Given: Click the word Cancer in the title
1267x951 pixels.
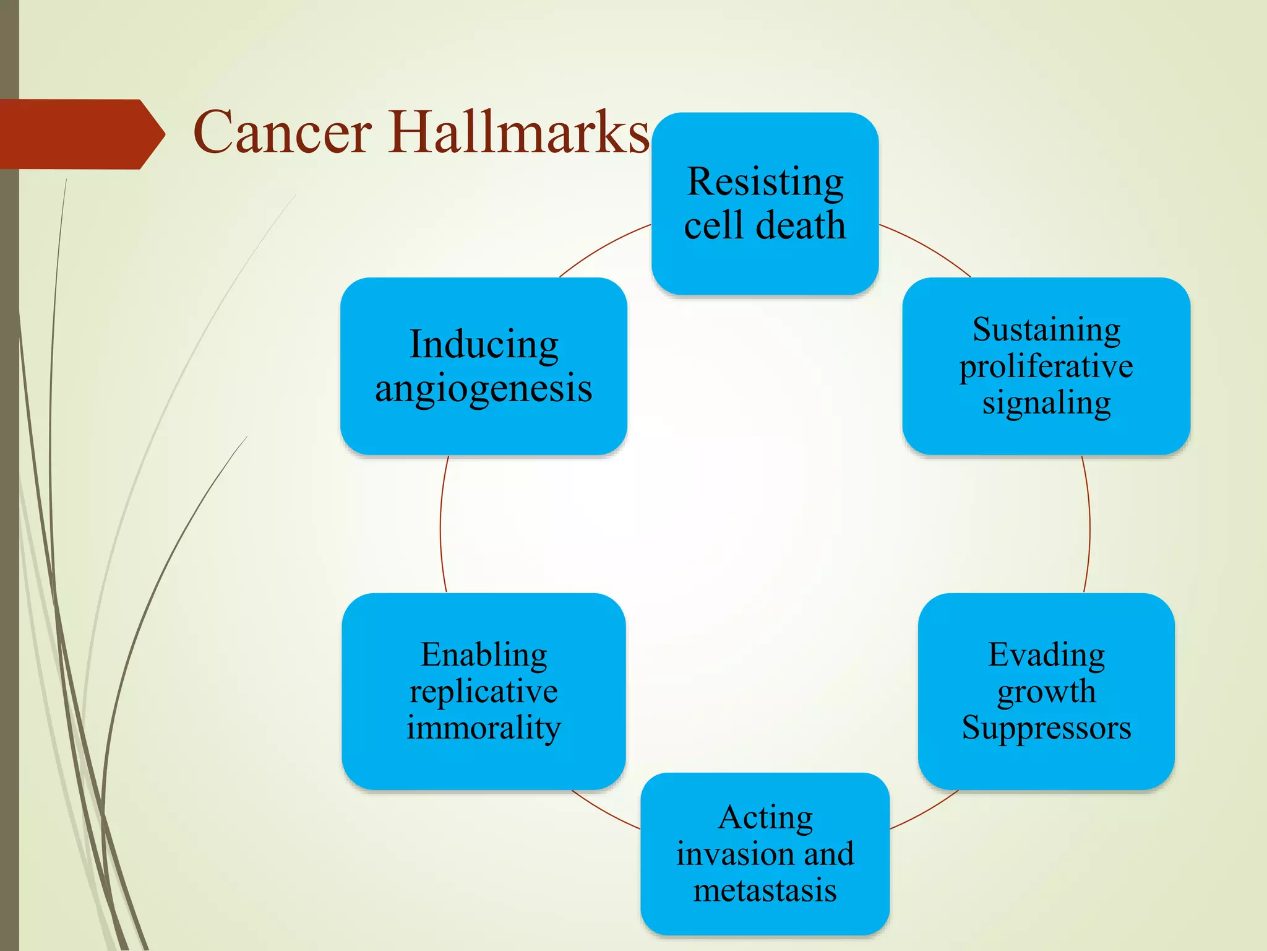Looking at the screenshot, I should coord(282,132).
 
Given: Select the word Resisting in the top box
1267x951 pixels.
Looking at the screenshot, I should coord(765,183).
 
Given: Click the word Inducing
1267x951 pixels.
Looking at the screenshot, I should coord(484,345).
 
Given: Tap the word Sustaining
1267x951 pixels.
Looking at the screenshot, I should coord(1046,329).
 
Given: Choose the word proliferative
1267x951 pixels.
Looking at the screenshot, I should coord(1046,367).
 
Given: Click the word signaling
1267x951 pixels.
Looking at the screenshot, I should coord(1046,403).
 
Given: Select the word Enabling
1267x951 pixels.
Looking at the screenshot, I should coord(484,654).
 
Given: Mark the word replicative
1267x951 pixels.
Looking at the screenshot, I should coord(484,691).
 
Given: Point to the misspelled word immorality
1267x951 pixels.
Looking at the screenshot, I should coord(484,727).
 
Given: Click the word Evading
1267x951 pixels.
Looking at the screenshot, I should coord(1046,654).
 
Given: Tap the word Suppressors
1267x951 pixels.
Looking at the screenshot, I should coord(1046,727).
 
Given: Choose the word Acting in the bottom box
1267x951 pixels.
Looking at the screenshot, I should coord(765,817).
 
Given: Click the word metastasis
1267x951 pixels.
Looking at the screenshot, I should coord(765,891).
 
